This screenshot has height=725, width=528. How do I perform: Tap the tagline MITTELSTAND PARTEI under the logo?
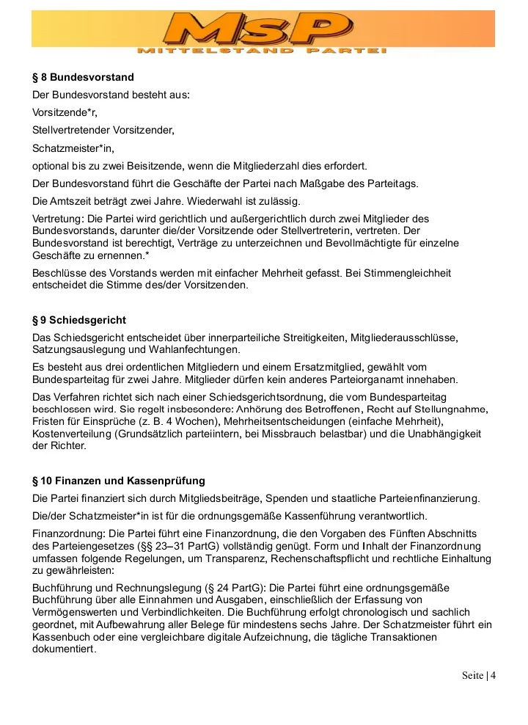[x=262, y=51]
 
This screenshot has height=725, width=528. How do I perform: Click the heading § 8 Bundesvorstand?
[x=83, y=77]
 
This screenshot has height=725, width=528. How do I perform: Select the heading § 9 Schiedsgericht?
[x=79, y=321]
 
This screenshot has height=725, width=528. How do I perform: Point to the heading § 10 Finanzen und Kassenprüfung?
[x=119, y=481]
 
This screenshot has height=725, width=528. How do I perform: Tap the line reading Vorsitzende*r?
[x=65, y=113]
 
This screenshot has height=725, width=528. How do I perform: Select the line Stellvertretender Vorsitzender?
[x=103, y=131]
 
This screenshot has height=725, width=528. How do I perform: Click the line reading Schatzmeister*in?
[x=73, y=148]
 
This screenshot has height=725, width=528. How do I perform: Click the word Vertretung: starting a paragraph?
[x=59, y=219]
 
